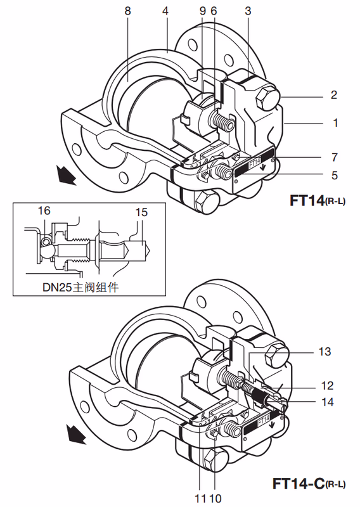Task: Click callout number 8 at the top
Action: pos(128,11)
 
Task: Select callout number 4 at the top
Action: pos(165,11)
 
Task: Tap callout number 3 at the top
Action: pos(248,11)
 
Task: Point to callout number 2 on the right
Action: pos(334,94)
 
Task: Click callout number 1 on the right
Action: pos(335,123)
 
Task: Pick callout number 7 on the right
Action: pos(335,157)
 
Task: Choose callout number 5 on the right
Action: pos(335,176)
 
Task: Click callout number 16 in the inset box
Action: pos(44,211)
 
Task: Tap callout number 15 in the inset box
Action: pos(141,212)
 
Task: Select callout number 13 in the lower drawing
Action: pos(325,352)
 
